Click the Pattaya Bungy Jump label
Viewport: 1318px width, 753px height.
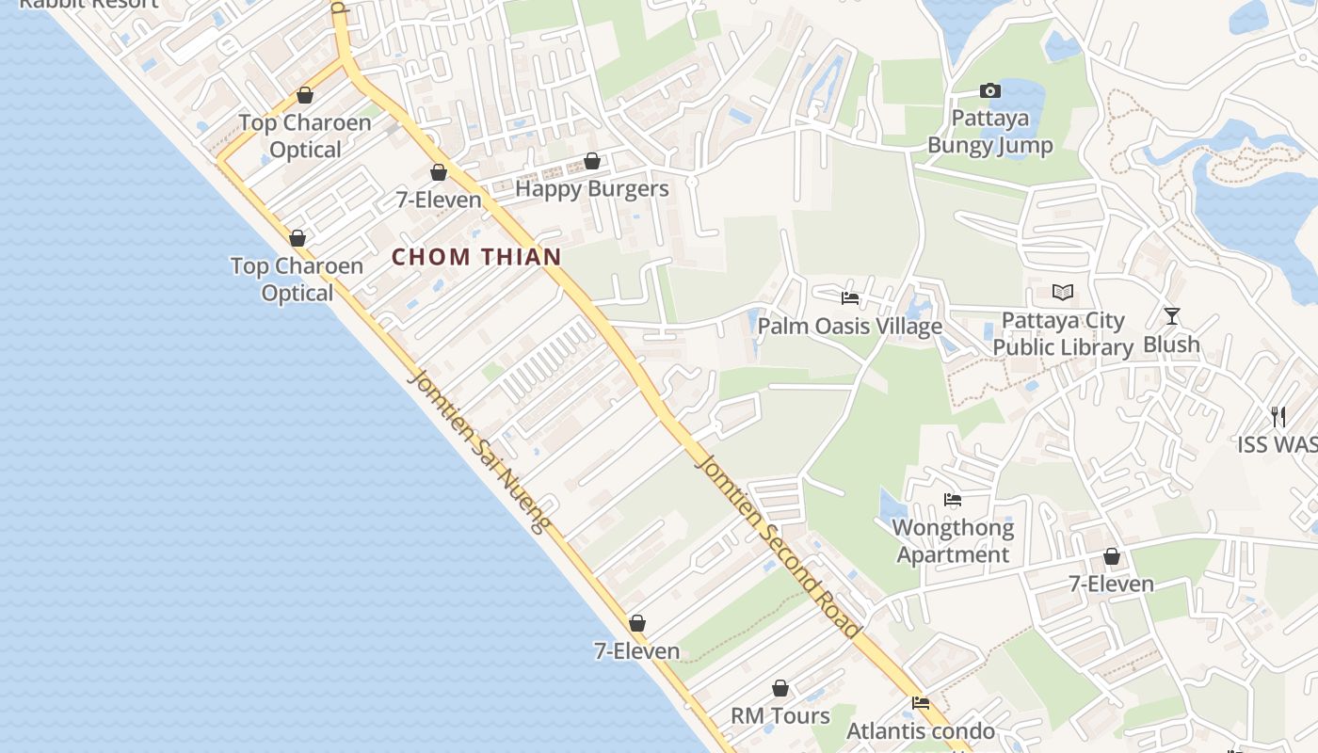989,132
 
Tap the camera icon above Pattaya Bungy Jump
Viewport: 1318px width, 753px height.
989,91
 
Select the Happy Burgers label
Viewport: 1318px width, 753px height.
592,189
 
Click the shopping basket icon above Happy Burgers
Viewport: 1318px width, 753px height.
592,162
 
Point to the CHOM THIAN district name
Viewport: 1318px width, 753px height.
476,257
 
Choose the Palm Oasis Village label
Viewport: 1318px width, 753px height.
850,327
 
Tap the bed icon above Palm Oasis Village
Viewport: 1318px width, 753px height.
850,298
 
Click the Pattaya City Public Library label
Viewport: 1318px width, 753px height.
1063,334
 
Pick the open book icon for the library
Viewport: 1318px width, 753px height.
1063,293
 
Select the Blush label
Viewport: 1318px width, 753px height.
1171,344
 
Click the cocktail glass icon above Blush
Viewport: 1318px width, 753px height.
1171,316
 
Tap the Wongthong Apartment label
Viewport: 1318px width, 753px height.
953,541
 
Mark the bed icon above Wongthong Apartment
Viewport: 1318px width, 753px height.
953,500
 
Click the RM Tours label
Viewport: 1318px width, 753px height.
780,716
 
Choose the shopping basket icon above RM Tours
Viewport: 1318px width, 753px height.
780,689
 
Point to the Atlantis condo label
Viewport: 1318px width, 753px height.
921,731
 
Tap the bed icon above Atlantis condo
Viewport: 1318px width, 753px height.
921,703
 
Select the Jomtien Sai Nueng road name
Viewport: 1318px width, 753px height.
478,452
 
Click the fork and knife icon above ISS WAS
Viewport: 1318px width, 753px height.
1278,416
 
